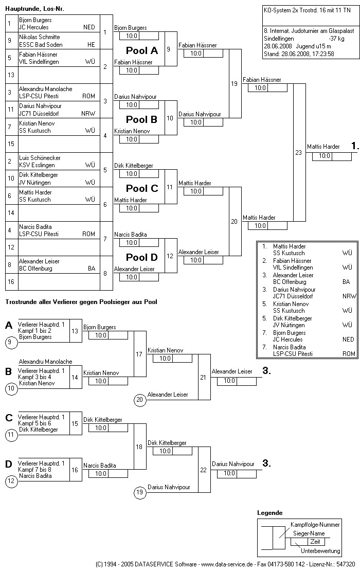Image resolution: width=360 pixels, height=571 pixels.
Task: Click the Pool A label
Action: coord(142,50)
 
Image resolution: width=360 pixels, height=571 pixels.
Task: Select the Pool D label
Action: coord(142,257)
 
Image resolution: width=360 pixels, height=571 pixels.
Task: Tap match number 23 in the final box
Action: coord(298,152)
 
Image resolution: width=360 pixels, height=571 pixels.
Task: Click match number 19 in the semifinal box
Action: coord(234,83)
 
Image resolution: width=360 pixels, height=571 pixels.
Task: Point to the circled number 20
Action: coord(139,399)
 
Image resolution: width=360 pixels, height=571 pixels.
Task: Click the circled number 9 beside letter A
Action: coord(11,342)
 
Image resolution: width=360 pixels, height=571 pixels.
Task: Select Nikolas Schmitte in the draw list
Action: coord(40,37)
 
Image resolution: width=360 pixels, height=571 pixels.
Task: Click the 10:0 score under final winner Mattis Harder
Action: coord(325,156)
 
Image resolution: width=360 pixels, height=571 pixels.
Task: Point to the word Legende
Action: coord(269,513)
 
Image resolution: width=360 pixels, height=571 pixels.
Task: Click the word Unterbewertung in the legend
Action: coord(320,550)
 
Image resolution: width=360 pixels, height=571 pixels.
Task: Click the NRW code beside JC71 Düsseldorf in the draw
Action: coord(88,114)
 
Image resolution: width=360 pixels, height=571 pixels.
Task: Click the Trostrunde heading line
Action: coord(81,301)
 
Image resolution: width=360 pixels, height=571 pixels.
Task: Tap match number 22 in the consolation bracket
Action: coord(203,470)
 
